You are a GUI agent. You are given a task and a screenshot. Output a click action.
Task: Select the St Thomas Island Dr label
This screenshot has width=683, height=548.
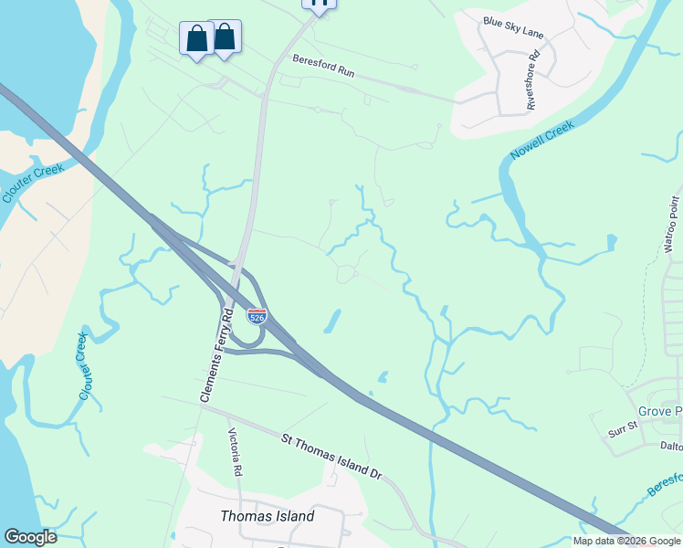coord(331,458)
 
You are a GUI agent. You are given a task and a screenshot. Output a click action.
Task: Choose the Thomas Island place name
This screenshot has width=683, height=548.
coord(268,516)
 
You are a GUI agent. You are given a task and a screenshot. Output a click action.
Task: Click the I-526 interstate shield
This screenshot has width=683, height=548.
coord(257,316)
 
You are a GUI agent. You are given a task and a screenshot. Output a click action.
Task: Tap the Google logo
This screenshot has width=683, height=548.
coord(30,537)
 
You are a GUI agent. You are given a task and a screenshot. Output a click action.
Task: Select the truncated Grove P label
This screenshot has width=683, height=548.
coord(659,412)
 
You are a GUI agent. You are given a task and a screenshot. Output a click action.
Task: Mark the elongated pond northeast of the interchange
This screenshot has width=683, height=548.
coord(332,321)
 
